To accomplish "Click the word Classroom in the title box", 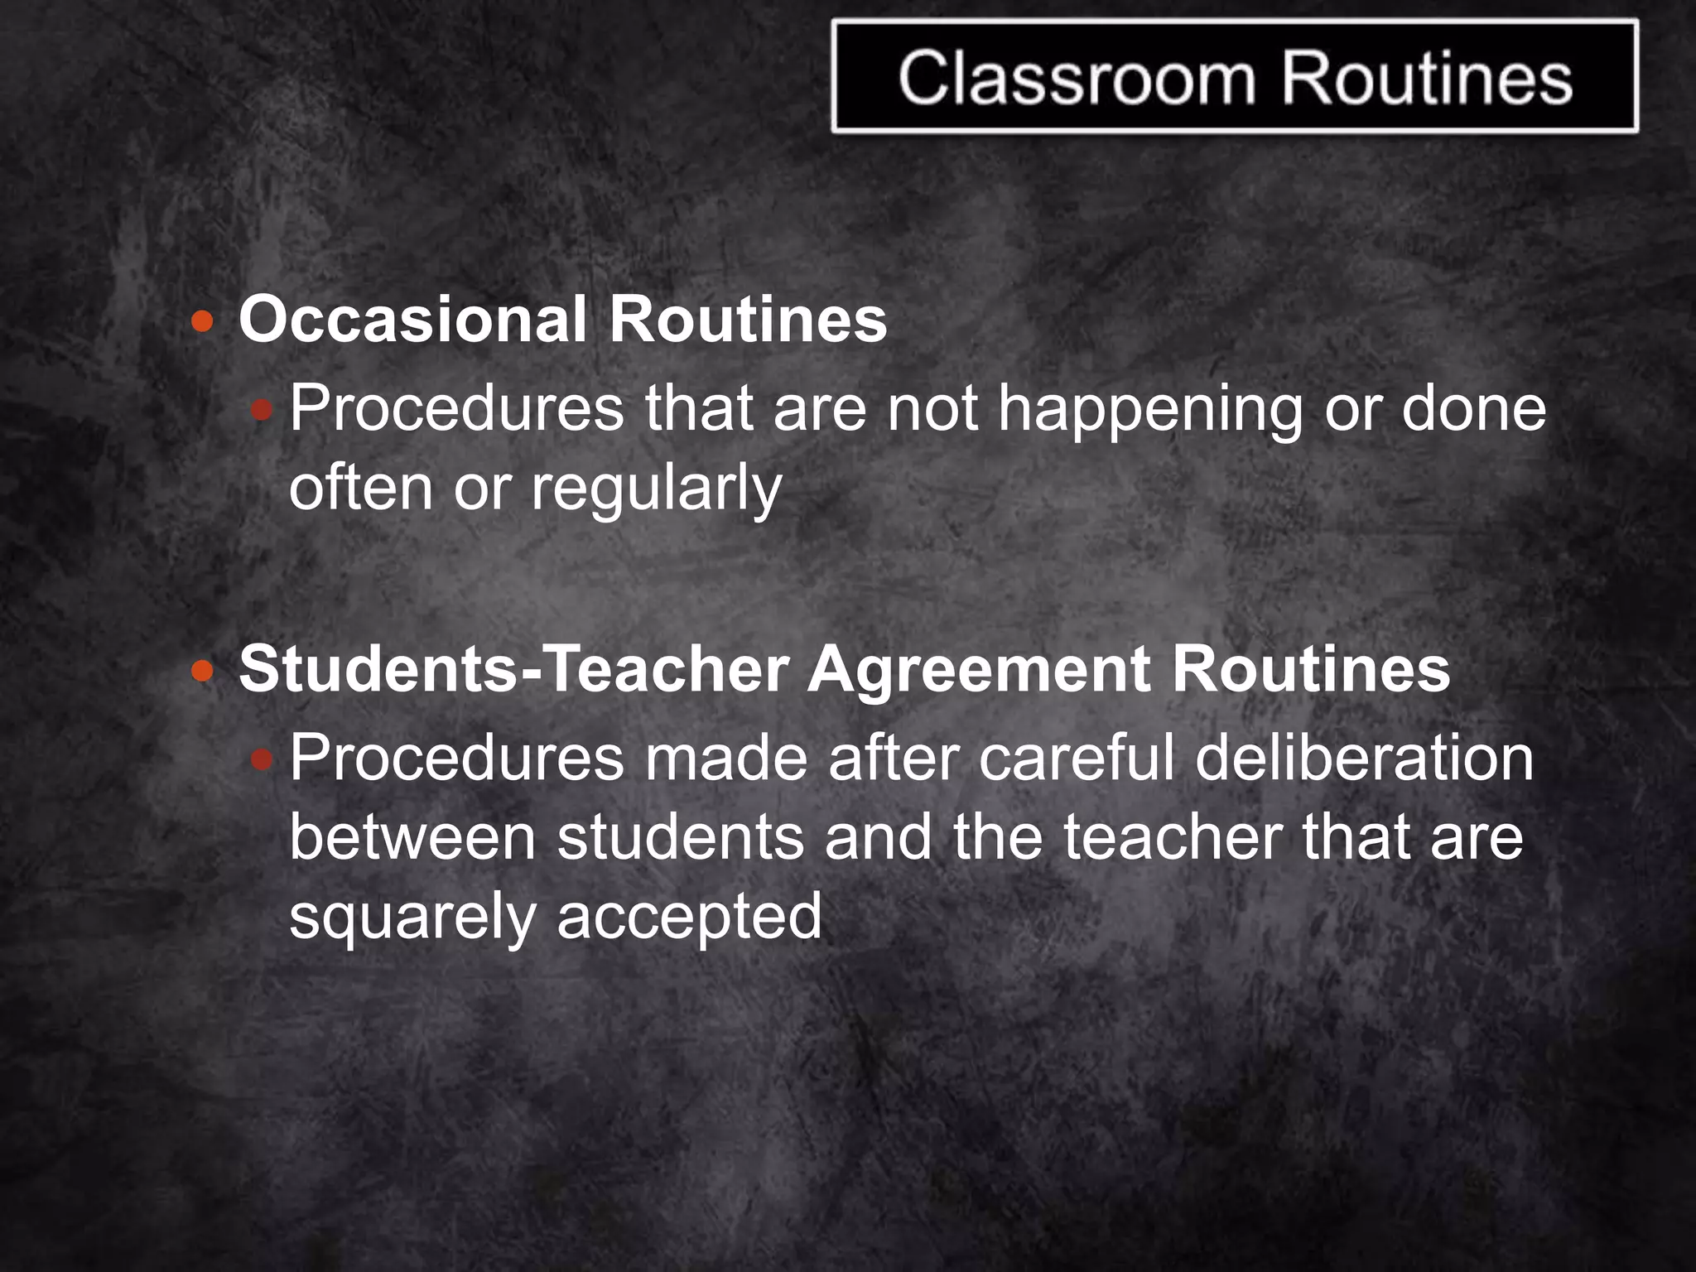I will pos(1077,79).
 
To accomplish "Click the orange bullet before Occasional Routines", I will pos(202,321).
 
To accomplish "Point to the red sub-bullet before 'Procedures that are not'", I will pos(262,409).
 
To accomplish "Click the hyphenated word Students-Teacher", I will pos(513,669).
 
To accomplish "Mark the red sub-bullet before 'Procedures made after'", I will pos(262,758).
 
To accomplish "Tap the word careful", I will pos(1077,758).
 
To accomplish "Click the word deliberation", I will pos(1364,758).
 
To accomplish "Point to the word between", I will pos(412,837).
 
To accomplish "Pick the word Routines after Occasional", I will pos(748,320).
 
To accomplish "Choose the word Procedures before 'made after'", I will pos(456,758).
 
